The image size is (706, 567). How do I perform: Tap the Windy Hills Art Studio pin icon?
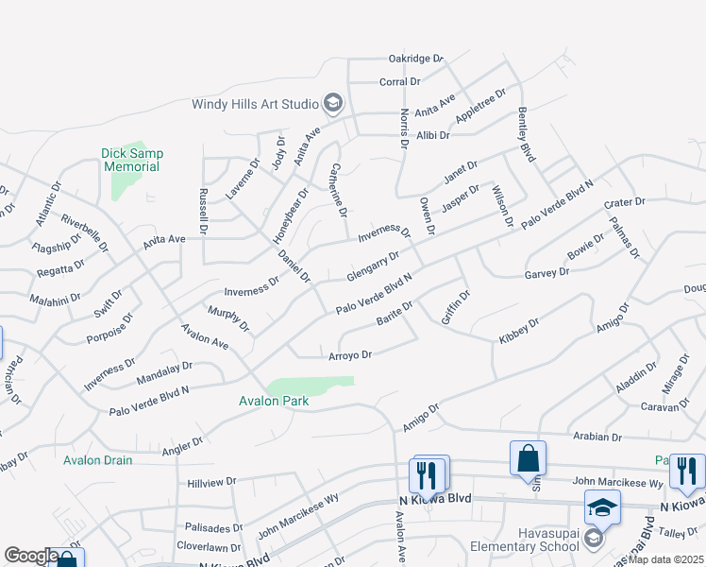pos(332,103)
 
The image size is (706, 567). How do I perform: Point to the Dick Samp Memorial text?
pos(131,160)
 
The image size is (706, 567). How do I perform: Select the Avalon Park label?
pos(274,401)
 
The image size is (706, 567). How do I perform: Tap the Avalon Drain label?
pos(98,460)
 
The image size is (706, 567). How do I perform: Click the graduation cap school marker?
pos(603,507)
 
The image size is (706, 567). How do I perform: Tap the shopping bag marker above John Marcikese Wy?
pos(528,458)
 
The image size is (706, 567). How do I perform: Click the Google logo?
pos(30,556)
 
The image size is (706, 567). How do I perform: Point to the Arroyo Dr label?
pos(350,355)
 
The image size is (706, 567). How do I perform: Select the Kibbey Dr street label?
pos(520,329)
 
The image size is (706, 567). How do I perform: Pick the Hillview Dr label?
pos(211,482)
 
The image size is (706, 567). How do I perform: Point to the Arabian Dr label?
pos(597,438)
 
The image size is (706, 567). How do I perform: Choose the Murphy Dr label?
pos(229,318)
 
